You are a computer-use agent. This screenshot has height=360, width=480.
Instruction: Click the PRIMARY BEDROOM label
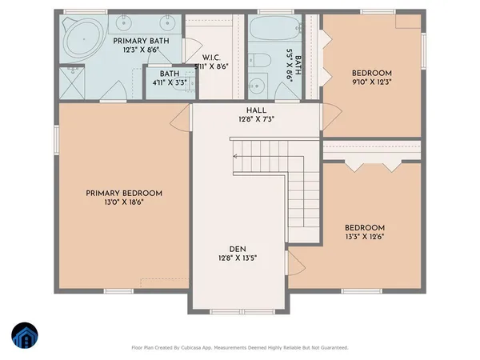(x=125, y=194)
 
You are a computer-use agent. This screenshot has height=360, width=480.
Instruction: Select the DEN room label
(x=237, y=247)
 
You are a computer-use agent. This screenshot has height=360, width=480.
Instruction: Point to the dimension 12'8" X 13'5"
(x=237, y=258)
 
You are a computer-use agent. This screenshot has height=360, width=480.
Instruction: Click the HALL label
(x=256, y=110)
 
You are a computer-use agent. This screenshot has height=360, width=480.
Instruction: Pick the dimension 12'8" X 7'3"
(x=256, y=120)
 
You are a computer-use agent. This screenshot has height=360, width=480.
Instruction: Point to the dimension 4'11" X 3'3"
(x=168, y=82)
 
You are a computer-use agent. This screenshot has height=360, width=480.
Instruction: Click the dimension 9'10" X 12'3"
(x=374, y=81)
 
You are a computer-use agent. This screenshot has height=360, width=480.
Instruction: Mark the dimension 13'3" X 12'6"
(x=364, y=238)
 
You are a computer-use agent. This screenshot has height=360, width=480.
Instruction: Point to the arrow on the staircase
(x=236, y=157)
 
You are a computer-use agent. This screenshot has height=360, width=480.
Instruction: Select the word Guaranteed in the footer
(x=328, y=347)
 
